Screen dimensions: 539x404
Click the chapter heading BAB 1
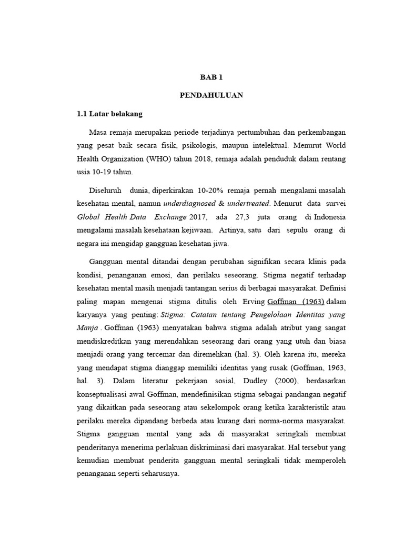coord(211,77)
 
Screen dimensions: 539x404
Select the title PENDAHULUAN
coord(211,95)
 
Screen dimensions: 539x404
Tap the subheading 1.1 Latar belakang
coord(109,113)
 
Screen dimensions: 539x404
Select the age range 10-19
coord(102,172)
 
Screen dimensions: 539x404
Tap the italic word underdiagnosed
coord(190,203)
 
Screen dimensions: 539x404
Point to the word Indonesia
coord(325,216)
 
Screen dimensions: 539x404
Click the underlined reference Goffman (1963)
coord(296,301)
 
